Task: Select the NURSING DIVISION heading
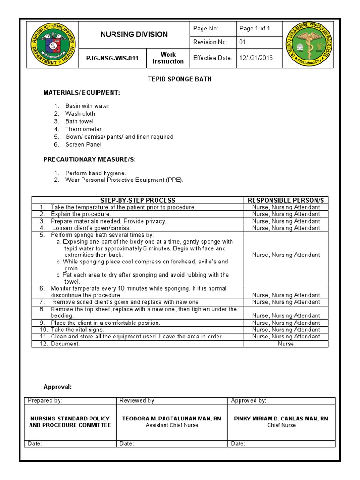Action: tap(134, 34)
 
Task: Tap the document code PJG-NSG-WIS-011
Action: tap(112, 59)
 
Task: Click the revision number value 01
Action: tap(243, 42)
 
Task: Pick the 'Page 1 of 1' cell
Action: tap(255, 29)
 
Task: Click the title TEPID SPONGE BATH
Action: tap(180, 79)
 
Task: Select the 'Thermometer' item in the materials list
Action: tap(83, 129)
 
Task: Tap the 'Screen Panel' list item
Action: tap(83, 144)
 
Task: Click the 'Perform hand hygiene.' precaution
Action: tap(95, 173)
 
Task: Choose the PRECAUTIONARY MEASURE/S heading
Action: tap(90, 159)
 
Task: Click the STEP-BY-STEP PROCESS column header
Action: tap(138, 200)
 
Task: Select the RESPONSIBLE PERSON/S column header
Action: tap(286, 200)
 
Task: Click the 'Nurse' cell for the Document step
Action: tap(286, 344)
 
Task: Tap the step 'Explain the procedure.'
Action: tap(81, 214)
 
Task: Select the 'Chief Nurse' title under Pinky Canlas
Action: tap(281, 425)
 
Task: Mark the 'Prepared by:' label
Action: tap(45, 400)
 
